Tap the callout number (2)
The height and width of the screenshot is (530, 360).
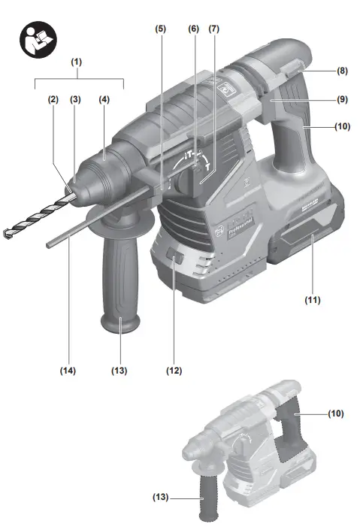tap(53, 99)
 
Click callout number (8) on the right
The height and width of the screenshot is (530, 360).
tap(342, 71)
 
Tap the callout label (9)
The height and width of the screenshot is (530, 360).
tap(342, 99)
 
